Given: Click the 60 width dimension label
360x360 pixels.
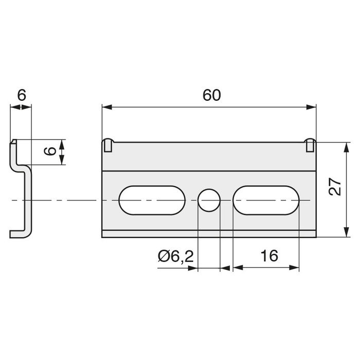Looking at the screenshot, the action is coord(212,95).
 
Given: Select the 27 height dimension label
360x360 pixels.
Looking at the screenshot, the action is coord(335,186).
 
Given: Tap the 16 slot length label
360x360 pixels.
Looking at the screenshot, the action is coord(269,256).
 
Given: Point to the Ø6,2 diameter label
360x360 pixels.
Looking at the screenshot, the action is coord(176,256).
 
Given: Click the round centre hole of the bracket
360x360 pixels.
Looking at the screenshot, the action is coord(209,200).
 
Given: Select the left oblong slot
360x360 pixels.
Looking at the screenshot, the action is coord(152,200).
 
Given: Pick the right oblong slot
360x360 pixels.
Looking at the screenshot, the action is coord(266,200).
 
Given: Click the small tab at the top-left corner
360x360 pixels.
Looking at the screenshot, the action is coord(107,146).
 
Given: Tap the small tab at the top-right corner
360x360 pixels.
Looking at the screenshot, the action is coord(310,145).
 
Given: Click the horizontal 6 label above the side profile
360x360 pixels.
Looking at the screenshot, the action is coord(22,95).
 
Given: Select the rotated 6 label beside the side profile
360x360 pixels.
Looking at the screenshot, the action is coord(50,151).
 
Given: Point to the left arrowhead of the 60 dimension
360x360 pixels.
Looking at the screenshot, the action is coord(107,107).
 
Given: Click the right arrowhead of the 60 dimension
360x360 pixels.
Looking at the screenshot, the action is coord(311,107).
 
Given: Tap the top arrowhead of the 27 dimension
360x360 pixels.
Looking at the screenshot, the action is coord(347,147).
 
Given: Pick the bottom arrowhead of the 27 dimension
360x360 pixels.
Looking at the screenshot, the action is coord(347,232).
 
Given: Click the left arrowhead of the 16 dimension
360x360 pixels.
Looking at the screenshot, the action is coord(238,267).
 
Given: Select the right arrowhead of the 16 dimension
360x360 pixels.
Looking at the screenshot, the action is coord(294,267).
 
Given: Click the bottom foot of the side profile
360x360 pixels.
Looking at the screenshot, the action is coord(19,234).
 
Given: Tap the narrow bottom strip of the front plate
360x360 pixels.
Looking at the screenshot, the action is coord(209,233).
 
